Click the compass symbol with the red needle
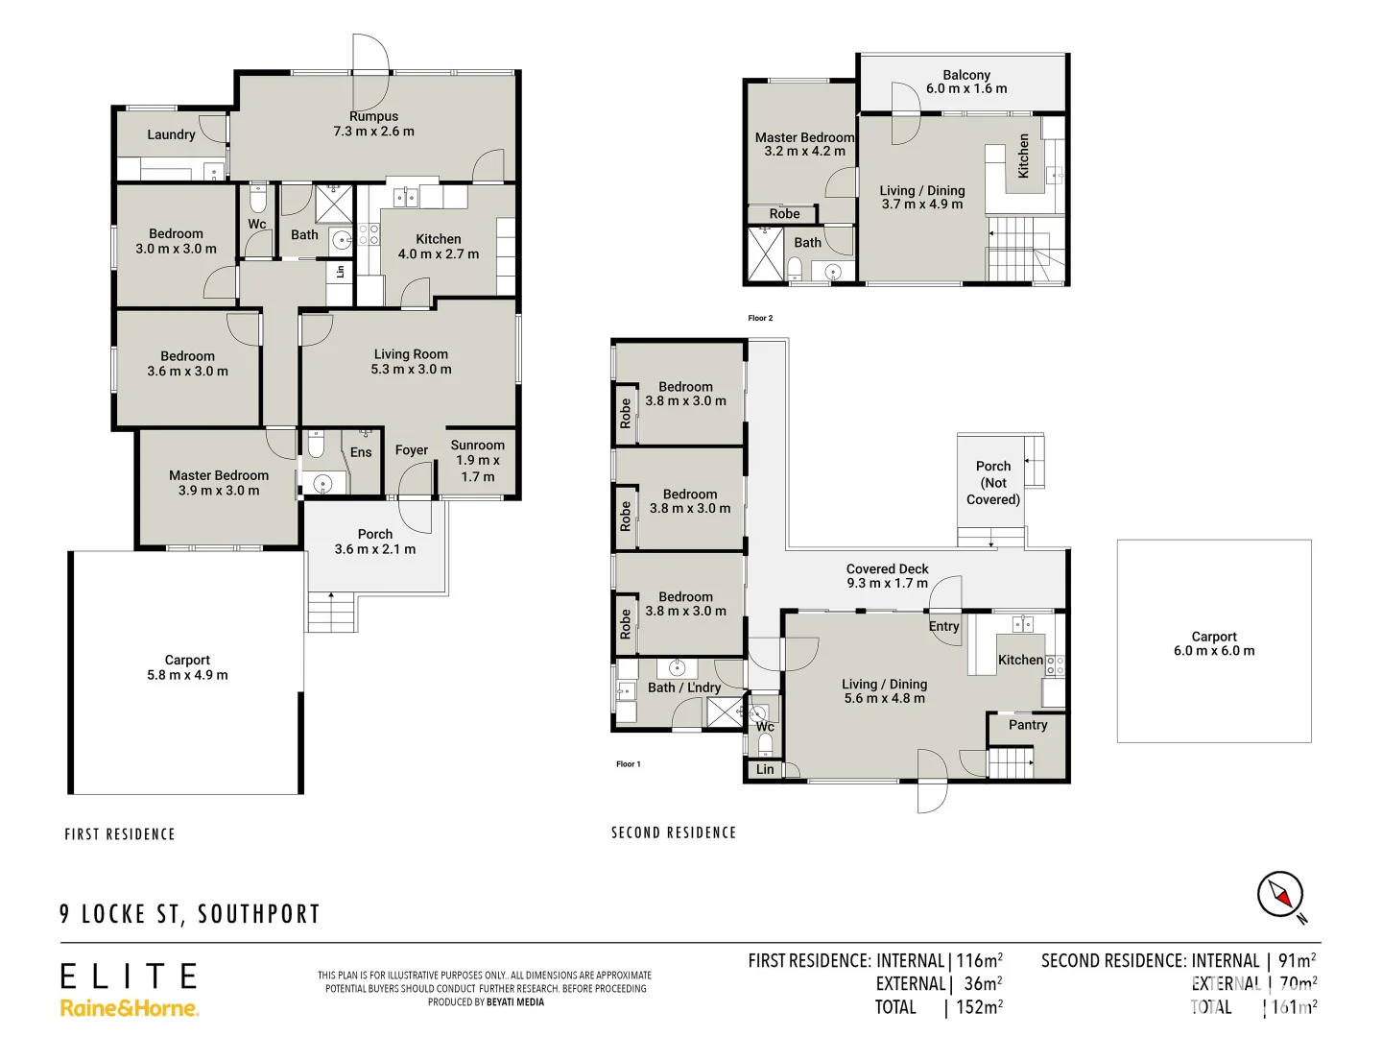tap(1280, 896)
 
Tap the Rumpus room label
tap(373, 117)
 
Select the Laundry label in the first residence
tap(171, 134)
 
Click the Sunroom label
tap(477, 446)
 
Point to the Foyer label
tap(412, 450)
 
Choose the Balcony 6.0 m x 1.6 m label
tap(966, 82)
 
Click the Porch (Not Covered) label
tap(993, 483)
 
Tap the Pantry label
tap(1028, 725)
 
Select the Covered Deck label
tap(887, 569)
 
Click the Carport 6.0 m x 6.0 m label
tap(1214, 643)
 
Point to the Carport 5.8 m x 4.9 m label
tap(187, 667)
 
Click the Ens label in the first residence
tap(361, 452)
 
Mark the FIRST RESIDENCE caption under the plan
tap(120, 834)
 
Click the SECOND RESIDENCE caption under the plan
tap(674, 832)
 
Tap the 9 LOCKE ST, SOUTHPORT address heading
tap(190, 914)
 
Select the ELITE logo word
tap(129, 977)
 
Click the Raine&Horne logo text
tap(130, 1008)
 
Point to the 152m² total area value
tap(978, 1007)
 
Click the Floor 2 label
tap(760, 318)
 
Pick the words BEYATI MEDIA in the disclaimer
tap(515, 1002)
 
